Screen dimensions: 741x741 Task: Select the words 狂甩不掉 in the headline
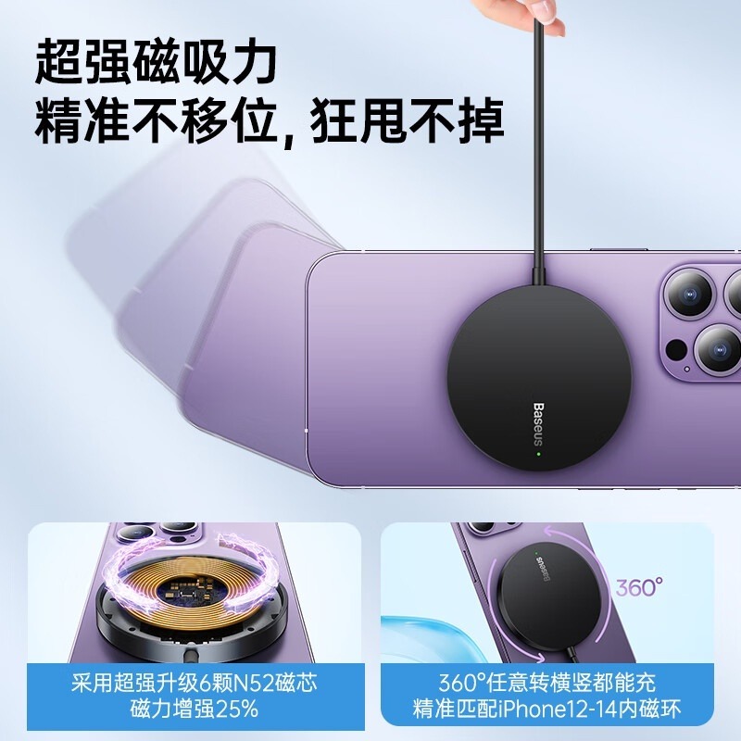[x=407, y=120]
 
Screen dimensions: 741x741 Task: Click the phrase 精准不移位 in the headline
[x=153, y=120]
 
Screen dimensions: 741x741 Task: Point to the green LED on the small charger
[x=534, y=559]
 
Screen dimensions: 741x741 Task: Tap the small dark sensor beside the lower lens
[x=678, y=351]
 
